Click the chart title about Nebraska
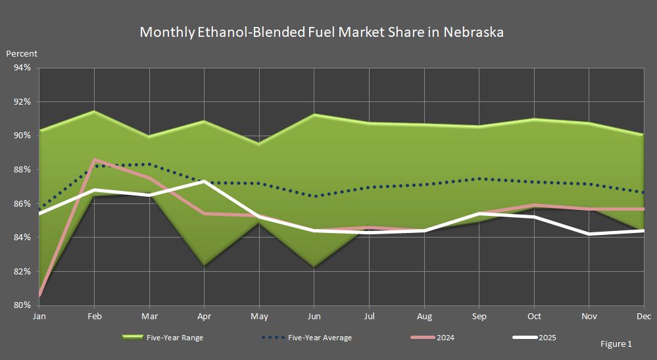tap(322, 32)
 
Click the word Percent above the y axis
tap(22, 53)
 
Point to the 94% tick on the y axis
tap(22, 68)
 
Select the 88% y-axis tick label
tap(22, 170)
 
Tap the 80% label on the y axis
tap(22, 305)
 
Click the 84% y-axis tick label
tap(22, 238)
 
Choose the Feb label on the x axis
tap(95, 317)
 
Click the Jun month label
tap(314, 317)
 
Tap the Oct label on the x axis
tap(534, 317)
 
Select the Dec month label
tap(643, 317)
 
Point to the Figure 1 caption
tap(616, 344)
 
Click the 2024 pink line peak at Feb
tap(95, 160)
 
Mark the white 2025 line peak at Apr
tap(205, 181)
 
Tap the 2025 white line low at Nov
tap(589, 234)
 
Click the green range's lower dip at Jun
tap(314, 267)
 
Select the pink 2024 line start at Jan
tap(40, 296)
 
